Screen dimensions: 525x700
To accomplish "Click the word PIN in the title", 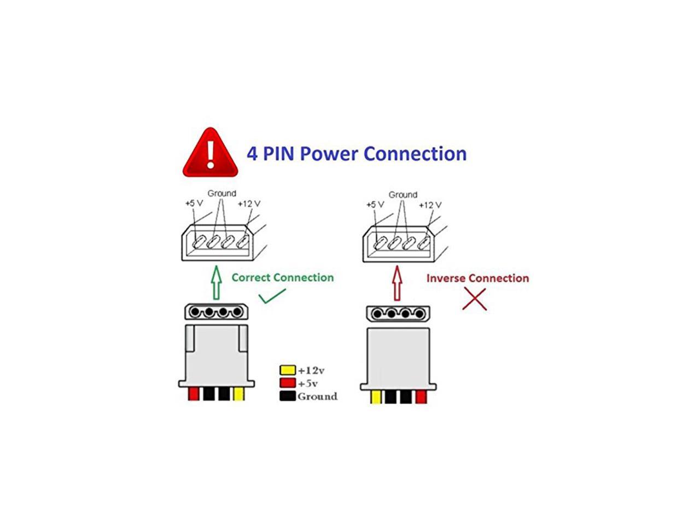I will point(279,154).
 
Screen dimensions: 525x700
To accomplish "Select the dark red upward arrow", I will point(398,283).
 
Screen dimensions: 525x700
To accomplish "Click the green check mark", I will point(272,296).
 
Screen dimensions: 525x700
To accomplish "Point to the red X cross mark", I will point(474,299).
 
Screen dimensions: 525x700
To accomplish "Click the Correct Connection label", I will point(282,277).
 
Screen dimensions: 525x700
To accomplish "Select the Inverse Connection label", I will point(477,278).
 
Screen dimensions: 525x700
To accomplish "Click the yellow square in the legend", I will point(288,370).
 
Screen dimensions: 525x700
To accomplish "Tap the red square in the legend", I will point(288,383).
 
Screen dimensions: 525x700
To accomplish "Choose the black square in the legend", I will point(288,396).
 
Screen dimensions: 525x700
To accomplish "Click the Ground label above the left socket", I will point(221,193).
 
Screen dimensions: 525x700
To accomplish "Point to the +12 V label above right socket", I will point(430,205).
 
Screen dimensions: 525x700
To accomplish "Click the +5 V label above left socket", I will point(194,203).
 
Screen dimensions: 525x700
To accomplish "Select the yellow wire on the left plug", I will point(239,394).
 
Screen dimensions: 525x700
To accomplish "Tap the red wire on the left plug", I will point(193,394).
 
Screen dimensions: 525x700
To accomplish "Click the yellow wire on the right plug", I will point(376,398).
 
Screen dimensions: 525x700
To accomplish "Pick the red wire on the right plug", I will point(421,398).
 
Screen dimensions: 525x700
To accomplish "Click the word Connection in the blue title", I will point(415,154).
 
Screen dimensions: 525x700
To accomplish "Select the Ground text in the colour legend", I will point(317,396).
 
